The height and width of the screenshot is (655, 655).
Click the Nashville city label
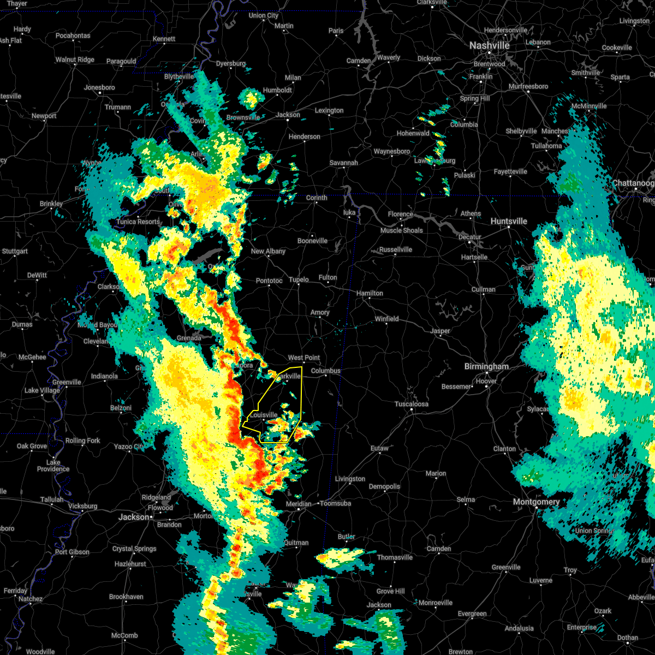coord(490,46)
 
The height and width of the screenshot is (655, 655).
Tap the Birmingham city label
coord(486,367)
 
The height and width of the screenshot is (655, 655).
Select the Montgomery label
coord(536,502)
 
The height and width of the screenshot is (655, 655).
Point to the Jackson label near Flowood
coord(134,517)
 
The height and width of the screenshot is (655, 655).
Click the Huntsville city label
coord(509,221)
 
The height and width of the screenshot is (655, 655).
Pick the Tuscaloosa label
coord(412,404)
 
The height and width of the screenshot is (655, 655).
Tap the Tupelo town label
coord(299,280)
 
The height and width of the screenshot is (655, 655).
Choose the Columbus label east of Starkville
coord(325,371)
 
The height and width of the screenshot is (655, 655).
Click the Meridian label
coord(299,504)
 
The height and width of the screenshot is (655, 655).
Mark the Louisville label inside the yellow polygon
coord(264,415)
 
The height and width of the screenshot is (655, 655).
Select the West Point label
coord(304,358)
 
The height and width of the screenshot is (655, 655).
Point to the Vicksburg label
coord(83,506)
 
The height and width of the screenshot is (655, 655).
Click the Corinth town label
coord(317,198)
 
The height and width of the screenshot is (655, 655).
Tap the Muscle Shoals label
coord(402,230)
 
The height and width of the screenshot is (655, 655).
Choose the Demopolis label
coord(384,486)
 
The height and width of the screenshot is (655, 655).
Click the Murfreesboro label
coord(528,86)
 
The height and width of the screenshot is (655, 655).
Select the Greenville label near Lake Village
coord(67,382)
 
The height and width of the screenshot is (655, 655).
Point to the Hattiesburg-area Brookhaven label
coord(126,597)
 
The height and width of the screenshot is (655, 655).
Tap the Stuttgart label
coord(15,252)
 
